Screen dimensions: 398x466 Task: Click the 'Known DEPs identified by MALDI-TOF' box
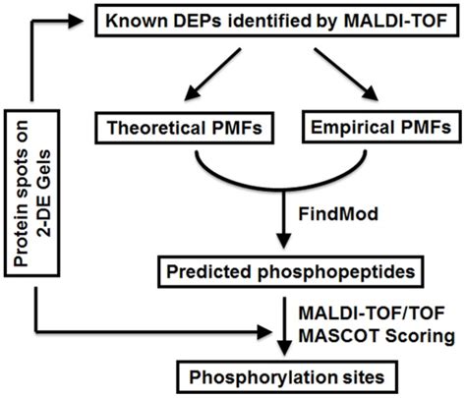pyautogui.click(x=274, y=25)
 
